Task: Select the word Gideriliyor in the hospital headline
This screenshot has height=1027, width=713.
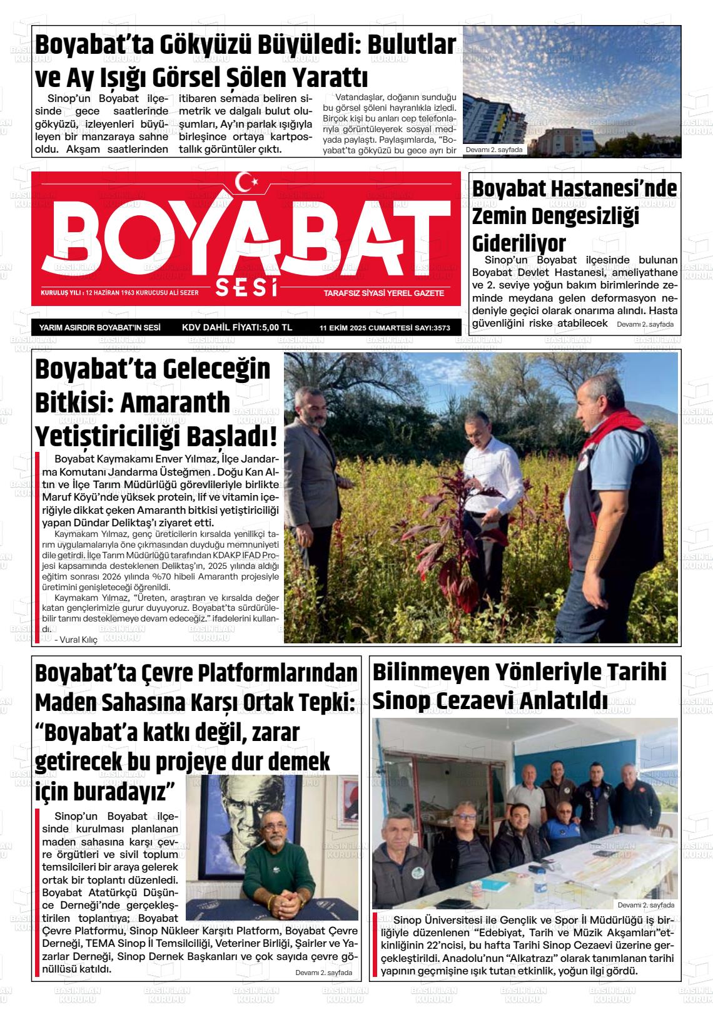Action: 518,243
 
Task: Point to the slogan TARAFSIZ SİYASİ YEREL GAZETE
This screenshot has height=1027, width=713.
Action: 383,293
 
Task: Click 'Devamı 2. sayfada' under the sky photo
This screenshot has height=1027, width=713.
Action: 494,150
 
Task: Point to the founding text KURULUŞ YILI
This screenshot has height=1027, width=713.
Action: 59,293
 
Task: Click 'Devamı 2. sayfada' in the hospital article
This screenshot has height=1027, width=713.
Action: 644,324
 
